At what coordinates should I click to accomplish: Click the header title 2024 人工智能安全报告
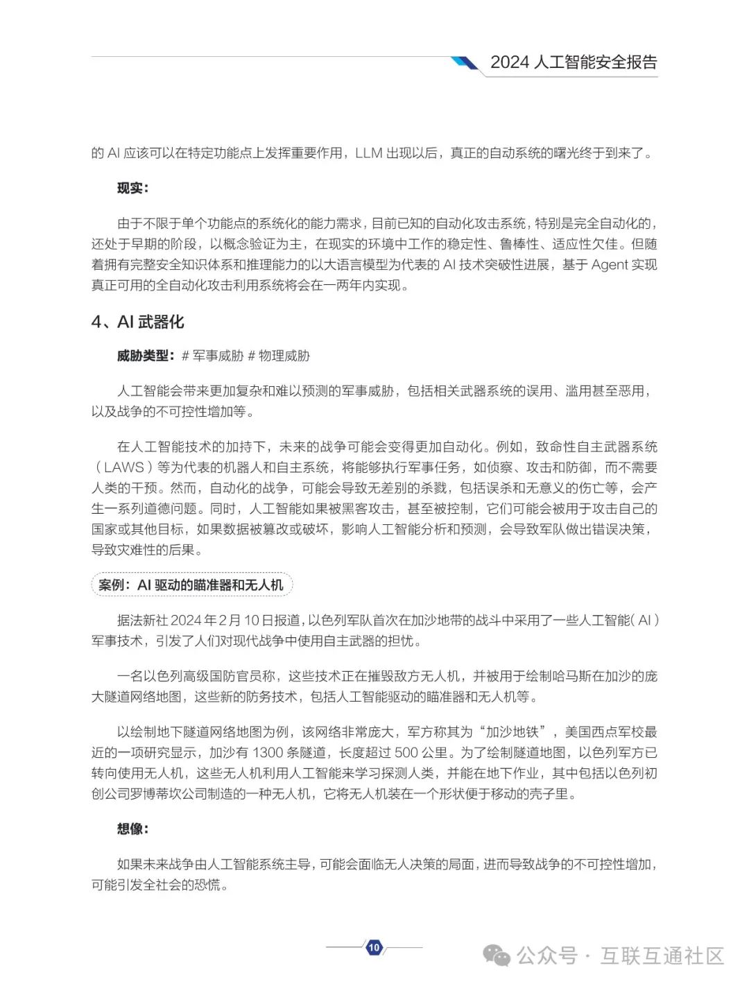tap(574, 62)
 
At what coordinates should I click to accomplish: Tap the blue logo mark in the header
tap(464, 63)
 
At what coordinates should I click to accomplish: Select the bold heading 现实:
tap(132, 188)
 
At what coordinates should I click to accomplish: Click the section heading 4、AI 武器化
tap(138, 322)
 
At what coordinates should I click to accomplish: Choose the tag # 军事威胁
tap(212, 356)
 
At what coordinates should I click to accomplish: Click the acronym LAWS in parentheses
tap(124, 467)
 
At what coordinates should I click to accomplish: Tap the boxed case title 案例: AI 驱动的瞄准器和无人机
tap(191, 585)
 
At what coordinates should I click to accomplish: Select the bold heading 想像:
tap(132, 829)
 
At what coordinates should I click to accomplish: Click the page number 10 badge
tap(374, 947)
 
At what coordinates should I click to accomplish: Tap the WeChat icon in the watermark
tap(497, 955)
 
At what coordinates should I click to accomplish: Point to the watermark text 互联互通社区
tap(662, 955)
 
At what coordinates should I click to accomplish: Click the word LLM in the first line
tap(368, 153)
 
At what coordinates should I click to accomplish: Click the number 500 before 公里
tap(406, 753)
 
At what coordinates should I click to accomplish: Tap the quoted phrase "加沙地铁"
tap(510, 732)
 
